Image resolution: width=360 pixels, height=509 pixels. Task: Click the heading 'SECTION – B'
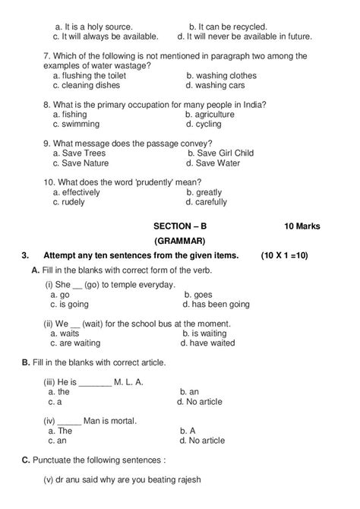click(179, 226)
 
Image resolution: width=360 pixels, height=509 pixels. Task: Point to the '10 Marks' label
click(302, 226)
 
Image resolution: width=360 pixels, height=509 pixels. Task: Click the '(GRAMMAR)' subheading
click(180, 240)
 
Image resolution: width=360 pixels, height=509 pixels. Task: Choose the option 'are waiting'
click(79, 343)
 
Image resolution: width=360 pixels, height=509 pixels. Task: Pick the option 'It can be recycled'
click(228, 27)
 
